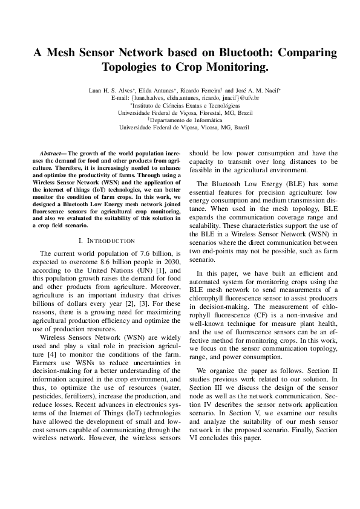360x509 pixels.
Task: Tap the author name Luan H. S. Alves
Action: [109, 90]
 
